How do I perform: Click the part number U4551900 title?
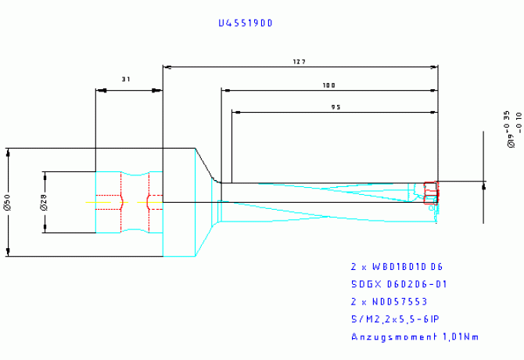pyautogui.click(x=245, y=23)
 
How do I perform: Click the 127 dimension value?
pyautogui.click(x=299, y=61)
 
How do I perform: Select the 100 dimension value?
pyautogui.click(x=328, y=85)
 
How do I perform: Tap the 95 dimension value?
pyautogui.click(x=336, y=107)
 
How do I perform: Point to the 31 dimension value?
pyautogui.click(x=127, y=80)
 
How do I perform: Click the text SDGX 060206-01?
pyautogui.click(x=398, y=284)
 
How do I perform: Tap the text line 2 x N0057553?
pyautogui.click(x=389, y=301)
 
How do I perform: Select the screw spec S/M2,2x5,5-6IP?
pyautogui.click(x=395, y=319)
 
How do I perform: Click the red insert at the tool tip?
pyautogui.click(x=431, y=193)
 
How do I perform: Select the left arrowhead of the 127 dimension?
pyautogui.click(x=167, y=67)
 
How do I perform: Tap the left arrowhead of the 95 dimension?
pyautogui.click(x=236, y=113)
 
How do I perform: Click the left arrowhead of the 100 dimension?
pyautogui.click(x=228, y=90)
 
